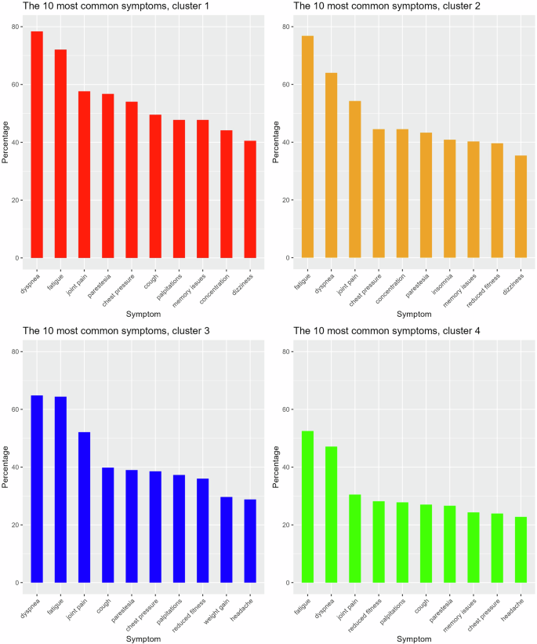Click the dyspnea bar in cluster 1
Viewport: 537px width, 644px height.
(x=37, y=145)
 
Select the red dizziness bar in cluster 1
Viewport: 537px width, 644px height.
(x=249, y=199)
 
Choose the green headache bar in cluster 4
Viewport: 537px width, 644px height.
(x=521, y=550)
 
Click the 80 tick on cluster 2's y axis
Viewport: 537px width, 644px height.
(x=287, y=27)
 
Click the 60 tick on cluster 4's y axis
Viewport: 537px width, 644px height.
(x=287, y=409)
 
